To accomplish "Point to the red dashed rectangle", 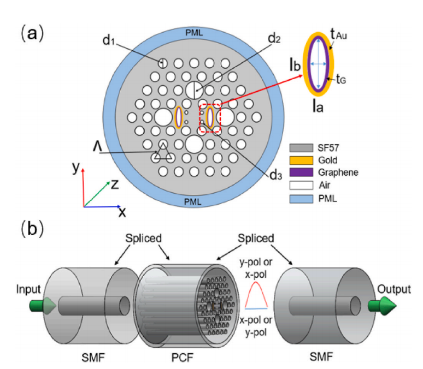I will pyautogui.click(x=210, y=117).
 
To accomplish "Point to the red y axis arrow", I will pyautogui.click(x=83, y=186).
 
